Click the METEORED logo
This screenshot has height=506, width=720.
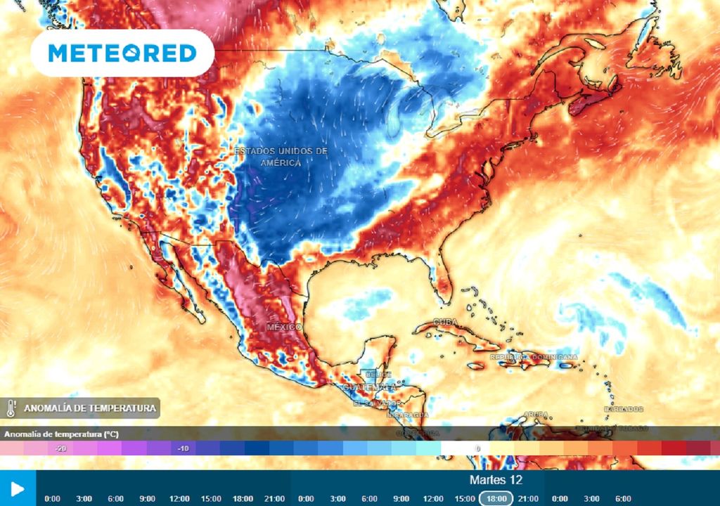coord(122,53)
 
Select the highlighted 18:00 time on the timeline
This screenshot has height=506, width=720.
coord(496,498)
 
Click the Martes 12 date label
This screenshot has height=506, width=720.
coord(496,479)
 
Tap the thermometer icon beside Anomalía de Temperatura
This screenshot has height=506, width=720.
coord(11,408)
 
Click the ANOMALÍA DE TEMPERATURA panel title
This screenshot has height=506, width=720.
coord(89,408)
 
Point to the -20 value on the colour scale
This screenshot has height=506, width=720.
coord(62,448)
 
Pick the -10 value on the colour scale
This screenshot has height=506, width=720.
coord(183,448)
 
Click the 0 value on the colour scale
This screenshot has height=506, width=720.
coord(477,448)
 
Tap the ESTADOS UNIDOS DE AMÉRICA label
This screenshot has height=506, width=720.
coord(281,157)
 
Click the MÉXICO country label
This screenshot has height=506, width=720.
coord(284,327)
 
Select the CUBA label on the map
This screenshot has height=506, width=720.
coord(444,323)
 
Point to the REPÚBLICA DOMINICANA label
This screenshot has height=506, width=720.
coord(534,357)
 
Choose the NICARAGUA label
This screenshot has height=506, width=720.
coord(407,415)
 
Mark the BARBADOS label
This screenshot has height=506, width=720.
coord(623,409)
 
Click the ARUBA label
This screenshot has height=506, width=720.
coord(536,415)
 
